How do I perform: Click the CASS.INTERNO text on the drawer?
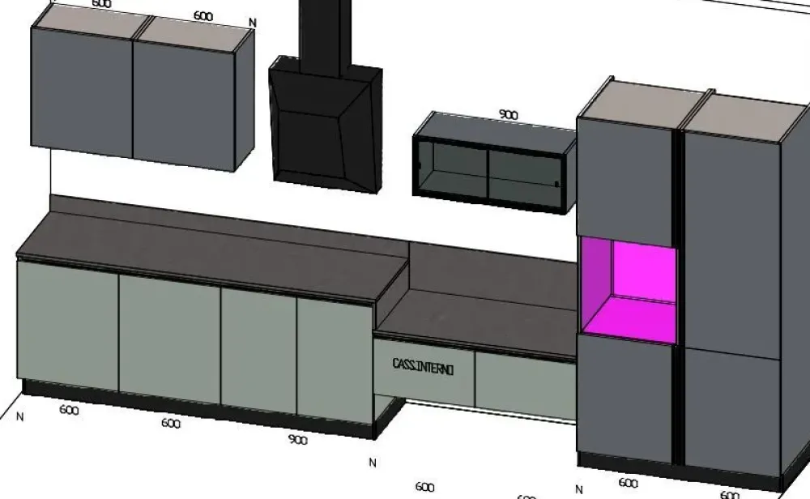[423, 367]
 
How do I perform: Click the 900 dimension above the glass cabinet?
[508, 115]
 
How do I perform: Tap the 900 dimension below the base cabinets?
[297, 440]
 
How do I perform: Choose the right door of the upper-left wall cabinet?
[184, 99]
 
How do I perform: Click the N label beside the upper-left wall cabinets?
[253, 23]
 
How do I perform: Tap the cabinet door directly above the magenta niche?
[625, 178]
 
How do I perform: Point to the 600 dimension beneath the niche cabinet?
[628, 484]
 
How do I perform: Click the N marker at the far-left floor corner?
[19, 416]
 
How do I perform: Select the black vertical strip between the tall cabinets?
[679, 292]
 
